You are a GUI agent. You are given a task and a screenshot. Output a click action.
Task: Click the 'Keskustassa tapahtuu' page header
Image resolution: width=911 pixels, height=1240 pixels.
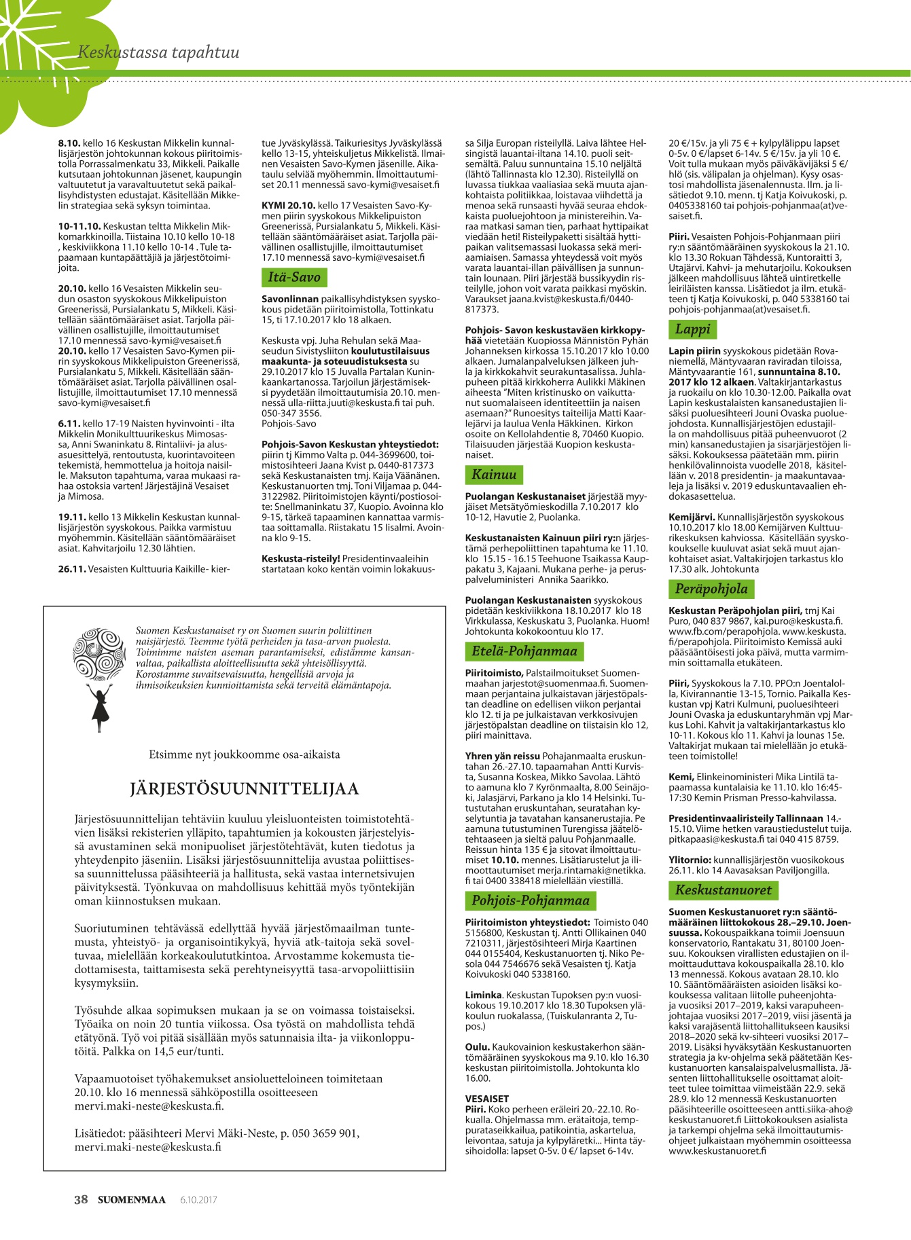click(158, 52)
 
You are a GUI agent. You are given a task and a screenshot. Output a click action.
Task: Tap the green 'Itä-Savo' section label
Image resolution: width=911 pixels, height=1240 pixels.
click(293, 277)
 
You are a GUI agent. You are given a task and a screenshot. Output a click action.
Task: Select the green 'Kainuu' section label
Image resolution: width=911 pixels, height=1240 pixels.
click(494, 474)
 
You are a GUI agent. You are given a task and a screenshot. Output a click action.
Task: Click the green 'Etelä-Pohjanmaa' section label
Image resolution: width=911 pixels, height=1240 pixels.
click(524, 651)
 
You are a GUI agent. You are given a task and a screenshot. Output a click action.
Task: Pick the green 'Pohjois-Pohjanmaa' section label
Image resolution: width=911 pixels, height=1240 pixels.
click(530, 900)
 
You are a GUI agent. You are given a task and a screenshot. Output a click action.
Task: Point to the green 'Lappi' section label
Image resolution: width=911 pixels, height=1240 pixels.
click(692, 329)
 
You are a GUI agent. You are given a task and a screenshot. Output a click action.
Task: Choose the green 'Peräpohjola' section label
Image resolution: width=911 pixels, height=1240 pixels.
click(711, 588)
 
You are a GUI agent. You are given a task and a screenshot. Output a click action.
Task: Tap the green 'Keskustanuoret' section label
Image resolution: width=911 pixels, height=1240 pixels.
click(723, 890)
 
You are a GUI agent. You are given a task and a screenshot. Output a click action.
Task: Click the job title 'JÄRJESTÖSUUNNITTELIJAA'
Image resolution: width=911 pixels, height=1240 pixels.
click(244, 788)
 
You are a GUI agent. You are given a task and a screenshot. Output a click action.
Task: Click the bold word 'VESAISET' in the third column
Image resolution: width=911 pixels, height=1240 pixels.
click(486, 1098)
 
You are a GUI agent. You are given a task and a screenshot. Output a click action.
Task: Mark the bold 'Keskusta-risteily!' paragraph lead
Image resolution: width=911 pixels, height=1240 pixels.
click(300, 559)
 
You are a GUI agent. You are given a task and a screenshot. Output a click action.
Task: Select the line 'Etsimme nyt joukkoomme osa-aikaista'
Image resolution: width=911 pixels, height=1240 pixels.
click(244, 754)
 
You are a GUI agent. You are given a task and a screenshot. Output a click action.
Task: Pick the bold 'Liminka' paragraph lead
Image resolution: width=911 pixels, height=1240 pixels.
click(483, 995)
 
